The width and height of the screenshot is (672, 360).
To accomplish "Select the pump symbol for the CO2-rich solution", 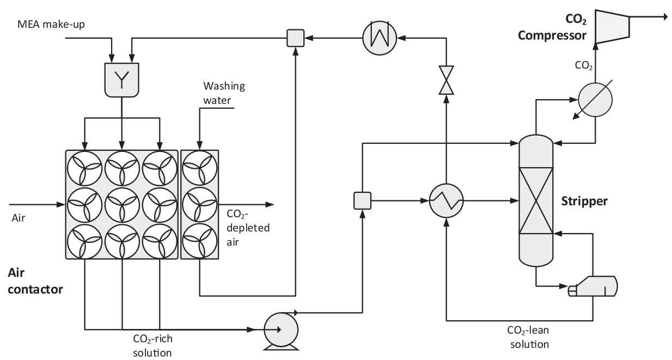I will point(280,329).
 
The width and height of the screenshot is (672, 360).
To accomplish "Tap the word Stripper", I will point(584,201).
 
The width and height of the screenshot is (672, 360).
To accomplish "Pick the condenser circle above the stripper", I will point(595,99).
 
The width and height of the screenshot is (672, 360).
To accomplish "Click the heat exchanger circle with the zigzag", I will point(446,200).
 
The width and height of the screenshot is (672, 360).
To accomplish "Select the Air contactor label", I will point(35,280).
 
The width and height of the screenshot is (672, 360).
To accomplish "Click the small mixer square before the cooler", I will point(295,37).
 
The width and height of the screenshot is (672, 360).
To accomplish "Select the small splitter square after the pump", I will point(362,200).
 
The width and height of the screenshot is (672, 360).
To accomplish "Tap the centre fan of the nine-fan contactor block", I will point(121,205).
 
